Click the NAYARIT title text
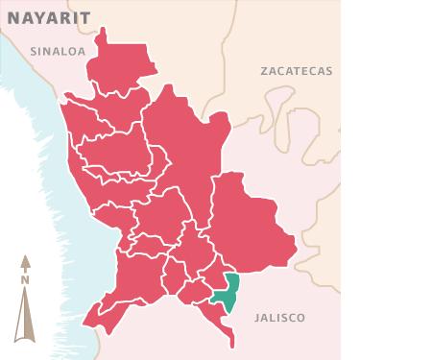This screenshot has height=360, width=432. click(x=44, y=17)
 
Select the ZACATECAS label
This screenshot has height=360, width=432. click(x=296, y=71)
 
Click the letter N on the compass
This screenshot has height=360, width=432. click(x=27, y=279)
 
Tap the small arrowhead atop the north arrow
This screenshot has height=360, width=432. click(x=27, y=259)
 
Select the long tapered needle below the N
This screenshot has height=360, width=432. click(x=27, y=312)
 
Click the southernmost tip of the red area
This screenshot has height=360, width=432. click(x=231, y=344)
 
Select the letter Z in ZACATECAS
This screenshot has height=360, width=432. click(x=264, y=71)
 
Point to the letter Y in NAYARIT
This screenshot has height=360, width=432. click(x=38, y=17)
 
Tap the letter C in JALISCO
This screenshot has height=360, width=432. click(x=290, y=317)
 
